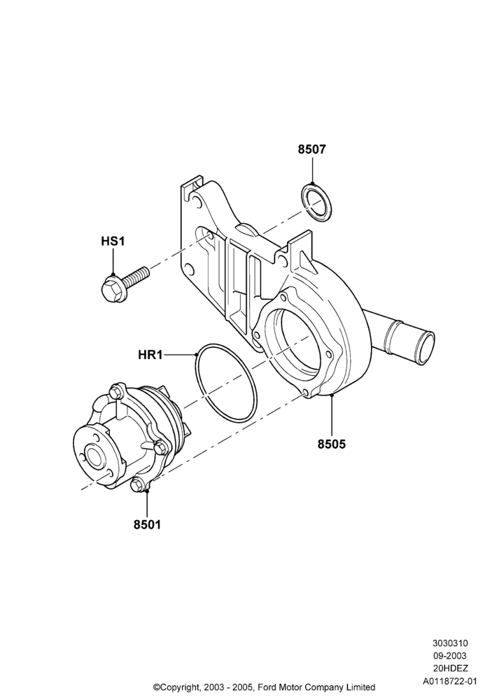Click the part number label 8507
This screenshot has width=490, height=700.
[312, 150]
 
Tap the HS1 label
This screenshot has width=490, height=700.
[113, 241]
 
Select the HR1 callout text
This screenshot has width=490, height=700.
[150, 355]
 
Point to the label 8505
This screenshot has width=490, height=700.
[332, 444]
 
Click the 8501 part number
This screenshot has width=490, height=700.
[147, 524]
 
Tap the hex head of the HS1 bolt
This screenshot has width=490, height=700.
[111, 289]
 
